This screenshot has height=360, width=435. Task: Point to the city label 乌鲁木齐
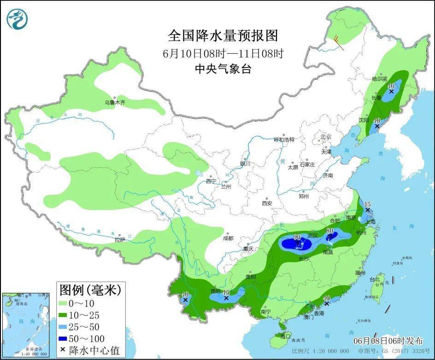[x=115, y=103]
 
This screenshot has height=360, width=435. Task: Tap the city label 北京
[x=326, y=137]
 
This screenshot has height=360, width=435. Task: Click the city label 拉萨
[x=120, y=240]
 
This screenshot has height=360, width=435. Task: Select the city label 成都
[x=228, y=238]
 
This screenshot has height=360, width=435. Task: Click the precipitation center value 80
[x=330, y=231]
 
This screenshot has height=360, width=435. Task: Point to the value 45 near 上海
[x=367, y=204]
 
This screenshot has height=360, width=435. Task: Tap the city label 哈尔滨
[x=380, y=79]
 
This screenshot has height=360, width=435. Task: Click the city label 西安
[x=267, y=203]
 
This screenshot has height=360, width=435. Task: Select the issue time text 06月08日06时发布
[x=388, y=341]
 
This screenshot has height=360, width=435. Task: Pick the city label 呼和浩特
[x=284, y=139]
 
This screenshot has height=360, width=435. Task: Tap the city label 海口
[x=286, y=336]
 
